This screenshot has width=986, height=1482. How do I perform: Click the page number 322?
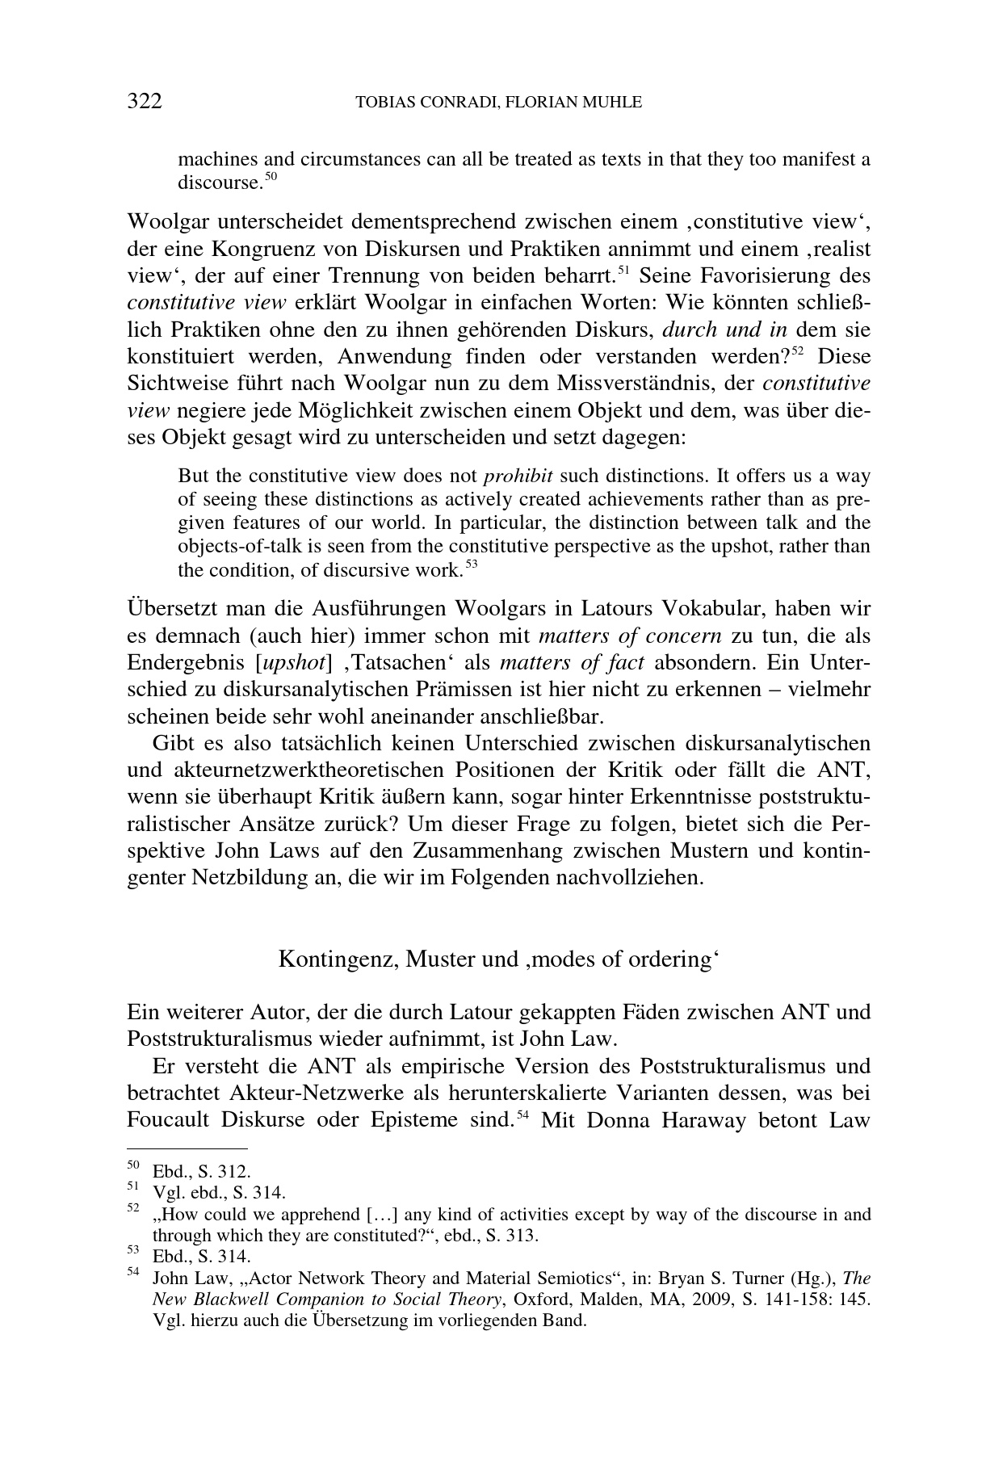pos(145,102)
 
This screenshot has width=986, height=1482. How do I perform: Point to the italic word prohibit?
pos(518,475)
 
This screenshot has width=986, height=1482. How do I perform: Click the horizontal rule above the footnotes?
pos(187,1147)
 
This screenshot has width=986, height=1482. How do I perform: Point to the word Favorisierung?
pos(762,276)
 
